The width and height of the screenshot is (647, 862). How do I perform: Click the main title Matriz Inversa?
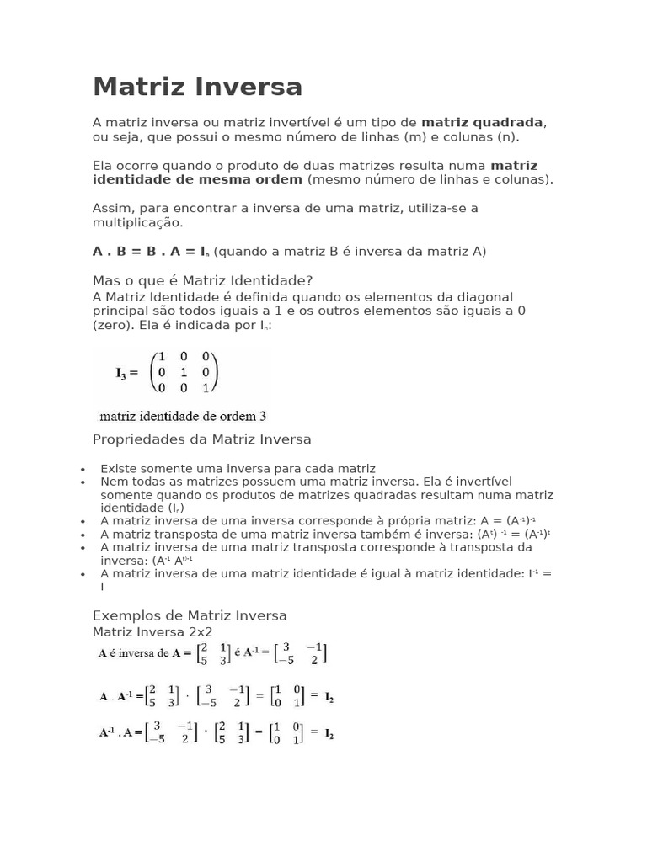pyautogui.click(x=197, y=87)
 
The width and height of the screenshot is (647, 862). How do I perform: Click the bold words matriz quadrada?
pyautogui.click(x=483, y=122)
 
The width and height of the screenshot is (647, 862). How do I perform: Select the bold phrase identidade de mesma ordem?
pyautogui.click(x=197, y=179)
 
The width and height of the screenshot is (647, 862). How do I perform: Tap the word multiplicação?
pyautogui.click(x=136, y=223)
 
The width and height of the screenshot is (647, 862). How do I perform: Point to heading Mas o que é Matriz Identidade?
pyautogui.click(x=202, y=280)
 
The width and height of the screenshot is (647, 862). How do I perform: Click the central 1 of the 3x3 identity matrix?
pyautogui.click(x=184, y=372)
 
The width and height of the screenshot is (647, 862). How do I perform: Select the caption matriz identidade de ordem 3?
pyautogui.click(x=183, y=415)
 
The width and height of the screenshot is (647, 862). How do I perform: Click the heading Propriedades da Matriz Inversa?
pyautogui.click(x=201, y=439)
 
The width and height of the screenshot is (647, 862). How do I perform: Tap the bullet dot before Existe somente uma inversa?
pyautogui.click(x=83, y=470)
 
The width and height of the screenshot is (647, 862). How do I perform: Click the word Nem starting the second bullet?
pyautogui.click(x=113, y=482)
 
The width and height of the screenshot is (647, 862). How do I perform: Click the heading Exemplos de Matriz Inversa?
pyautogui.click(x=190, y=615)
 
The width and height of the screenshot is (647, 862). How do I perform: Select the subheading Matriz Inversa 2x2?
pyautogui.click(x=152, y=631)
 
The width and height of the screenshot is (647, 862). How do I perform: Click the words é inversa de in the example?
pyautogui.click(x=147, y=652)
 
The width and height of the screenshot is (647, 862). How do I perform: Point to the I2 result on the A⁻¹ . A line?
pyautogui.click(x=328, y=733)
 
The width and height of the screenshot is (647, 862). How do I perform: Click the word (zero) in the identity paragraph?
pyautogui.click(x=112, y=324)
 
